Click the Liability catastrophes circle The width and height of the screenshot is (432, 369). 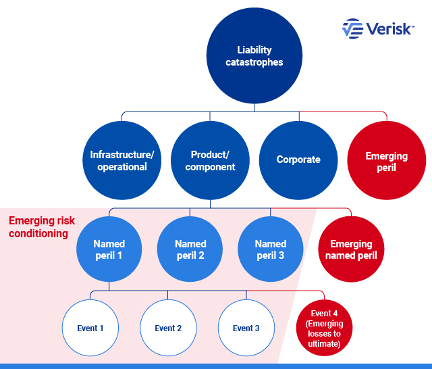[254, 56]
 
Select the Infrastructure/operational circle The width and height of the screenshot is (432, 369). [122, 161]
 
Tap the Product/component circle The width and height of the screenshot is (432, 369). [211, 161]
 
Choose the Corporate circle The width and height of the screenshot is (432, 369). [298, 160]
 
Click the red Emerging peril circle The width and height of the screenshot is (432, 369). [387, 161]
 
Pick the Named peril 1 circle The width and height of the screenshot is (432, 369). [109, 249]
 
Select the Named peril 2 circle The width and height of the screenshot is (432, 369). [190, 249]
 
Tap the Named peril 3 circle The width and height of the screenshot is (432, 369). [270, 249]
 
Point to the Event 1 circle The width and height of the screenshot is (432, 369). [90, 328]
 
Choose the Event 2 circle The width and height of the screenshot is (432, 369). [168, 328]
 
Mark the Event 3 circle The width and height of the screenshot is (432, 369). [246, 328]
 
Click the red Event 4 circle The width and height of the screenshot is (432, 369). [325, 328]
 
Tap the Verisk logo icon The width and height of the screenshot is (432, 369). [353, 28]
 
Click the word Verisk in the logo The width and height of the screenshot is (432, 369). [389, 28]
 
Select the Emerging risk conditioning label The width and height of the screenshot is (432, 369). [42, 227]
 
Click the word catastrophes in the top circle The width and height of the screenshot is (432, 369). [254, 62]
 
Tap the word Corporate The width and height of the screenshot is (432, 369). [298, 160]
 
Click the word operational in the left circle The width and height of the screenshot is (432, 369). [122, 167]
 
